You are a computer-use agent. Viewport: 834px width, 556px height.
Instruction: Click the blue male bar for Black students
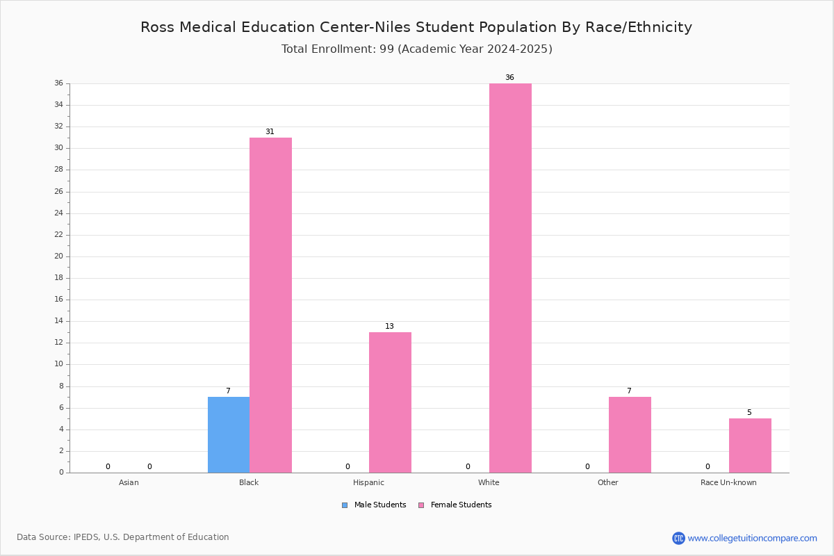[229, 435]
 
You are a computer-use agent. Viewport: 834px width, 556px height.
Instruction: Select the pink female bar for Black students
[270, 305]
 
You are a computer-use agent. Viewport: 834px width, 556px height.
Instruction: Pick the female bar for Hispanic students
[390, 402]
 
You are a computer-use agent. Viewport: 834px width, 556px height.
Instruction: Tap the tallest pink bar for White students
[510, 278]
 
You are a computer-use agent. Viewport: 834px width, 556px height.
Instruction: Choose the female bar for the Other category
[630, 435]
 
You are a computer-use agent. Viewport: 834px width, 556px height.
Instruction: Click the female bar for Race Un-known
[750, 445]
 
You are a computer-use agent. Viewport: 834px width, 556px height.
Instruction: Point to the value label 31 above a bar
[270, 131]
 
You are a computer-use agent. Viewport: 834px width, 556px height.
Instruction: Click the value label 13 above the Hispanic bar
[389, 326]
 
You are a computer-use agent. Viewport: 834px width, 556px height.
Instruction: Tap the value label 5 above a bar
[749, 412]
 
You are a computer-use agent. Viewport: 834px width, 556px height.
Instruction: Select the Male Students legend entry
[374, 505]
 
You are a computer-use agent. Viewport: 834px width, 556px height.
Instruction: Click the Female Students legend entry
[455, 505]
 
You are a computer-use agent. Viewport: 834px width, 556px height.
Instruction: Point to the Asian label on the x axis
[129, 482]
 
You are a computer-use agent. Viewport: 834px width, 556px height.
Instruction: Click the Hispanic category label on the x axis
[368, 482]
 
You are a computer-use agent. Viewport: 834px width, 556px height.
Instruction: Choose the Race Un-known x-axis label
[728, 482]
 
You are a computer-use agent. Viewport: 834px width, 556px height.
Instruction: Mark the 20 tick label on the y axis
[59, 256]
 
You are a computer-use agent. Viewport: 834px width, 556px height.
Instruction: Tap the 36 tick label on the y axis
[59, 83]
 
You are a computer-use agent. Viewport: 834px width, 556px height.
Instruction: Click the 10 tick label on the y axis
[59, 364]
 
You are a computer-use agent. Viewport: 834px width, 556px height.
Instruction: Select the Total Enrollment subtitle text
[416, 49]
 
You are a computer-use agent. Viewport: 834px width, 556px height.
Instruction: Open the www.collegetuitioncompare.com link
[752, 539]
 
